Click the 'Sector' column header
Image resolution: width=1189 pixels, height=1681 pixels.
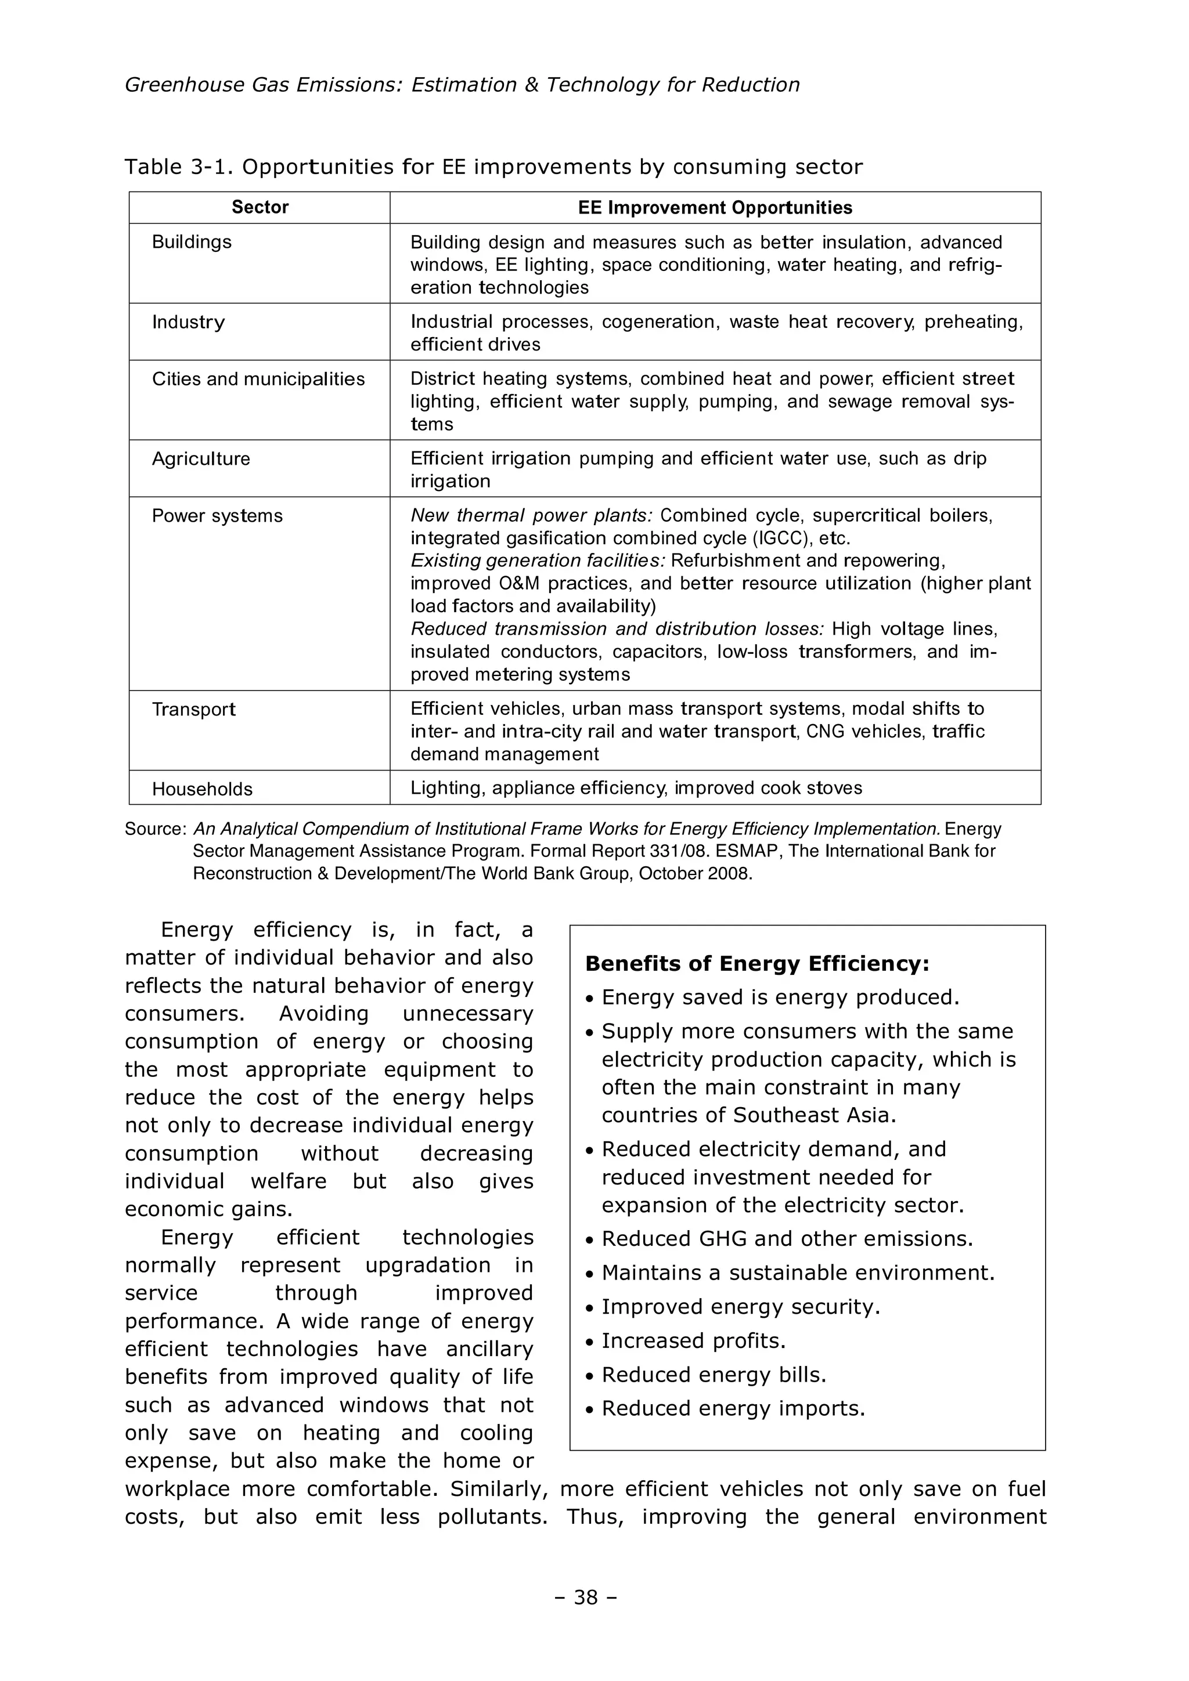coord(260,207)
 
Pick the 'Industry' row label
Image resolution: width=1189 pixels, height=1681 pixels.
coord(188,322)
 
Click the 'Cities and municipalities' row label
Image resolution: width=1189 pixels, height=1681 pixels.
coord(258,379)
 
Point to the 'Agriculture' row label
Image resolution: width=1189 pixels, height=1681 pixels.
coord(201,459)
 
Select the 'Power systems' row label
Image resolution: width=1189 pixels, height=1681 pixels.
coord(217,516)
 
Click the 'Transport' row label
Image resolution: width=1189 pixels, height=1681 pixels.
coord(193,710)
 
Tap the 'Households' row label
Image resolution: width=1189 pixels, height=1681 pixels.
coord(202,789)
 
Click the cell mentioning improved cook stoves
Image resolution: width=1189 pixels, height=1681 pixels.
coord(636,789)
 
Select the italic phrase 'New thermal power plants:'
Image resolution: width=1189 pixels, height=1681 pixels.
coord(531,516)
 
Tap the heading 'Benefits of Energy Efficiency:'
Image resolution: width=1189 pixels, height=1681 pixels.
coord(757,964)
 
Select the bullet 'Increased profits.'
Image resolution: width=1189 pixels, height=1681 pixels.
coord(693,1342)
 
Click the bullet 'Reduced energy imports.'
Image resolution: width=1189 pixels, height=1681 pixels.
coord(733,1409)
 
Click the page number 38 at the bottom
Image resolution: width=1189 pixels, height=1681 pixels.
coord(586,1597)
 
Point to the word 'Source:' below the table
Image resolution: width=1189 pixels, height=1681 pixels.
coord(156,830)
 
